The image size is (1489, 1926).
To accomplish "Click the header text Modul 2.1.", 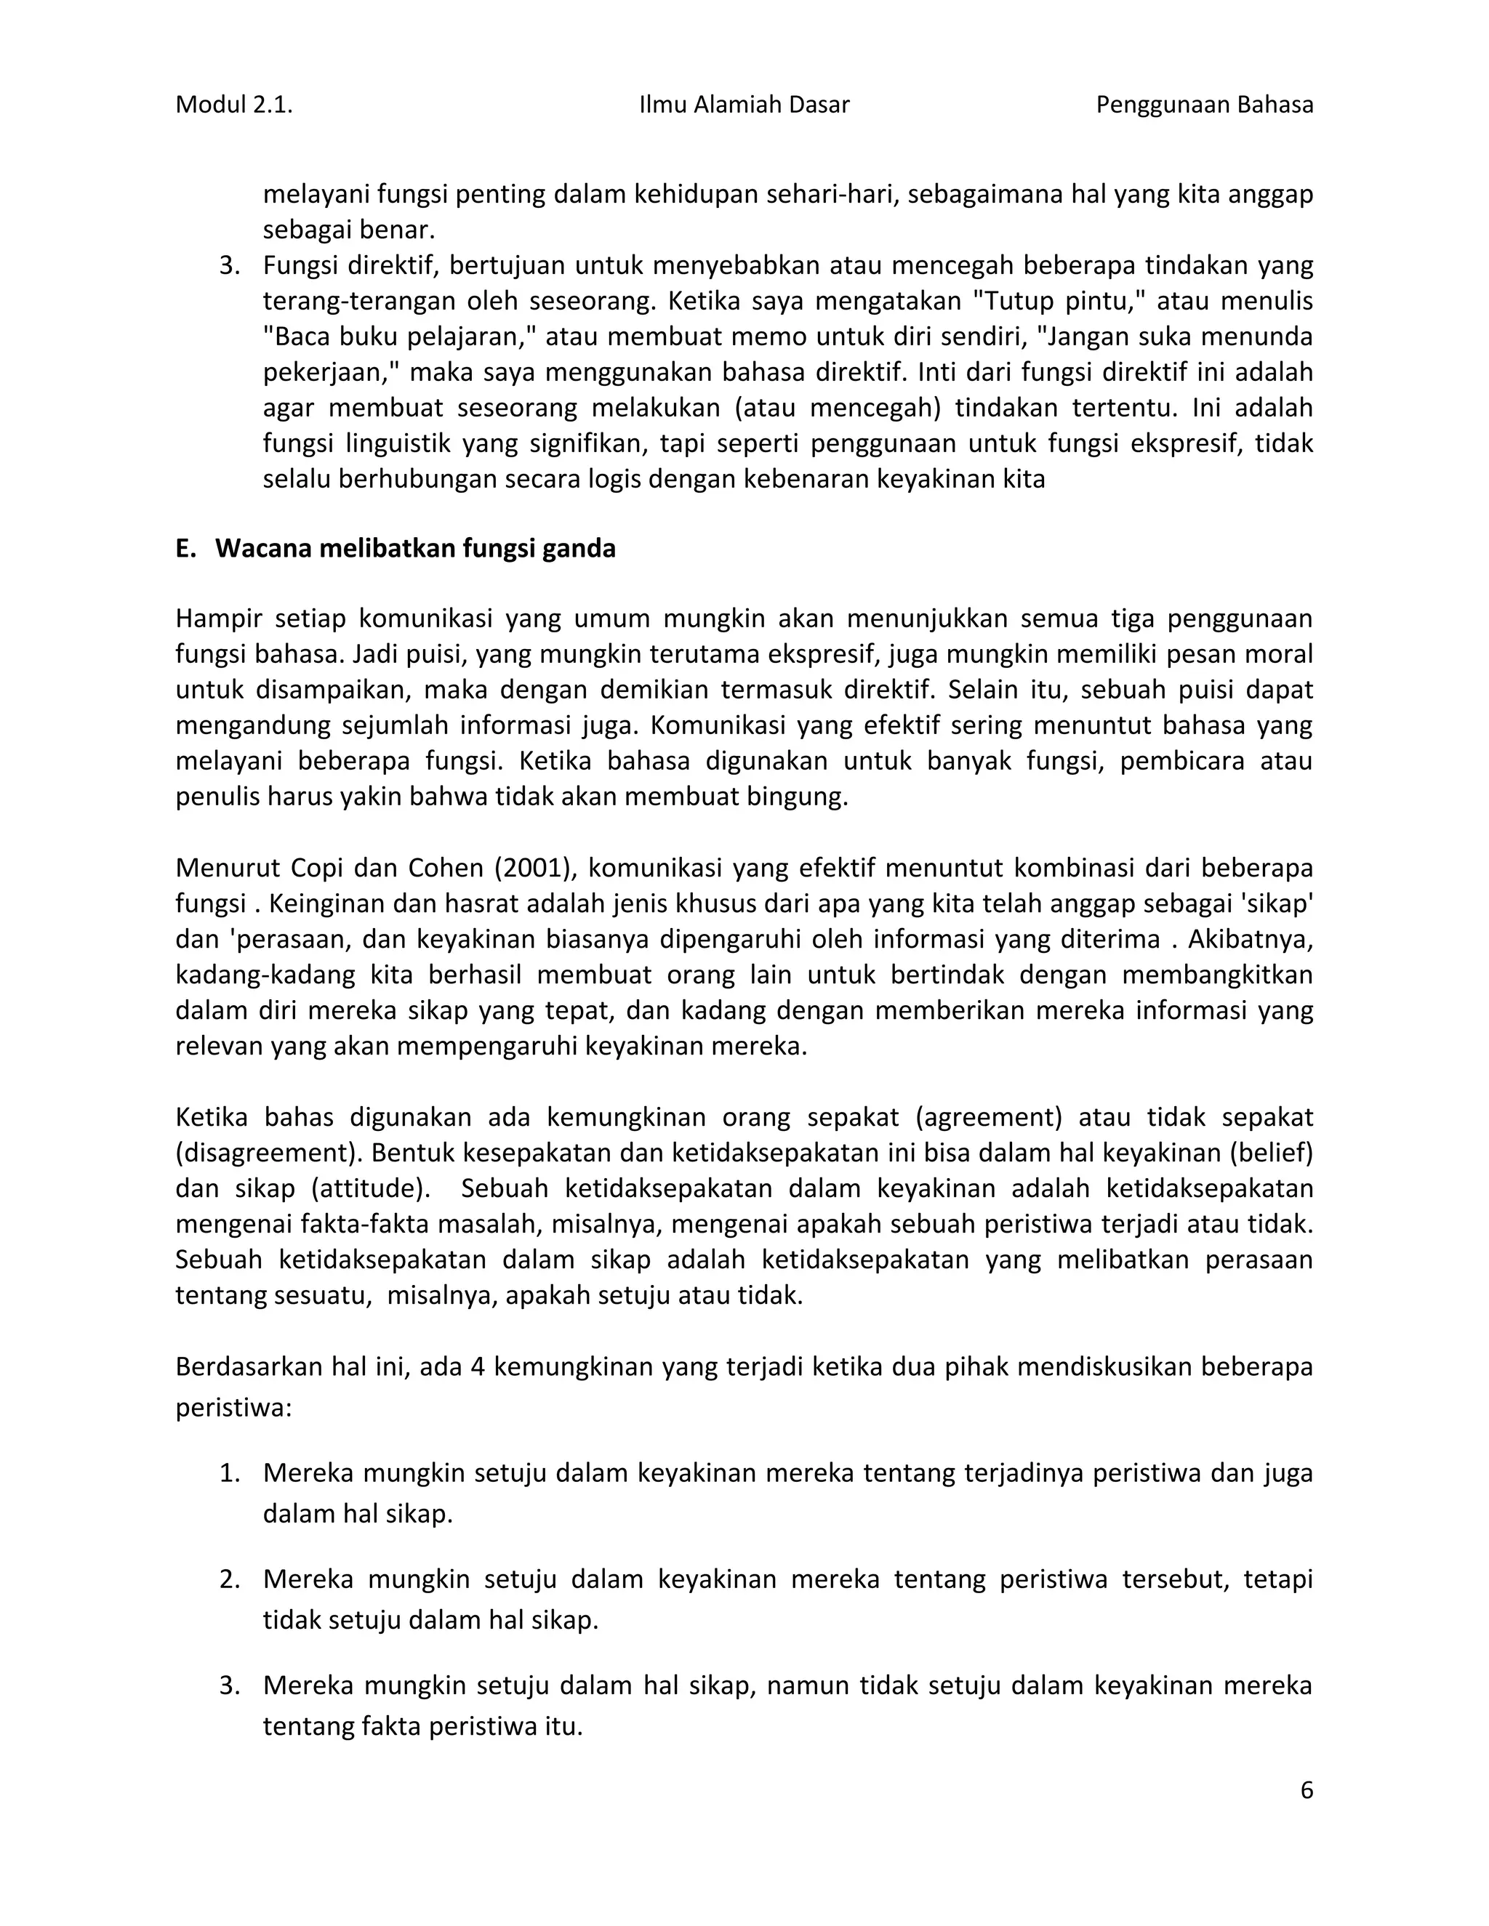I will point(234,105).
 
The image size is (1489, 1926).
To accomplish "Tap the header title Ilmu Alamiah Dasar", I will point(744,105).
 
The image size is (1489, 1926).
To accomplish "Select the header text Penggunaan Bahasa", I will point(1204,105).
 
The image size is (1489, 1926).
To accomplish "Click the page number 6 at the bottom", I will point(1307,1790).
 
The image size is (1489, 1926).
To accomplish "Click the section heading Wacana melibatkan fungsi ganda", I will point(414,549).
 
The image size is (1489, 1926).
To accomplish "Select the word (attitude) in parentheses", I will point(371,1189).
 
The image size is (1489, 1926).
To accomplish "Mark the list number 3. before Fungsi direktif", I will point(229,265).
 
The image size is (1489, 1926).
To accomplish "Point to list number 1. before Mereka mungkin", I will point(229,1472).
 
